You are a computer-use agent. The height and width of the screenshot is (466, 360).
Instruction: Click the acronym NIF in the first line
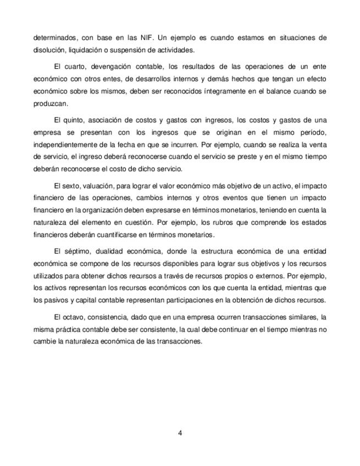pos(150,38)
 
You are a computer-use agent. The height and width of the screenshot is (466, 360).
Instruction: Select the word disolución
pos(49,50)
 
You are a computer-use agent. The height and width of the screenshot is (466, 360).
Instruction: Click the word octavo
pos(74,317)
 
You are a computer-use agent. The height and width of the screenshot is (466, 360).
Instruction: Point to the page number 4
pos(180,432)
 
